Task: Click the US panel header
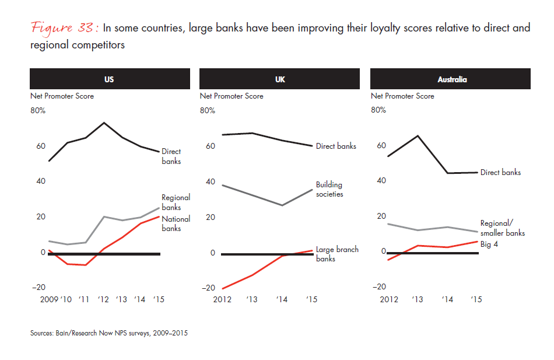(x=109, y=79)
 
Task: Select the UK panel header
(x=280, y=79)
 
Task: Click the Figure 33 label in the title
(x=65, y=29)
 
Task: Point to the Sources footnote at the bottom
(x=109, y=333)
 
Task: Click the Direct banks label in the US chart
(x=171, y=156)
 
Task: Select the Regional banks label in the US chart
(x=176, y=202)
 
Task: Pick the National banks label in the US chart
(x=176, y=223)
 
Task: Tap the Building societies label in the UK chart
(x=329, y=190)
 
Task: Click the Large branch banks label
(x=337, y=254)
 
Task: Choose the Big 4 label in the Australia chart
(x=490, y=244)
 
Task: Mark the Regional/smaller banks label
(x=502, y=228)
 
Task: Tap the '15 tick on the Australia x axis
(x=476, y=299)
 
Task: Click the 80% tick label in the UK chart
(x=208, y=110)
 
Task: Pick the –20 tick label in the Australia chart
(x=378, y=286)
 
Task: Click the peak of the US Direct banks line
(x=104, y=123)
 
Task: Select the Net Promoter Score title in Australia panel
(x=402, y=96)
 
